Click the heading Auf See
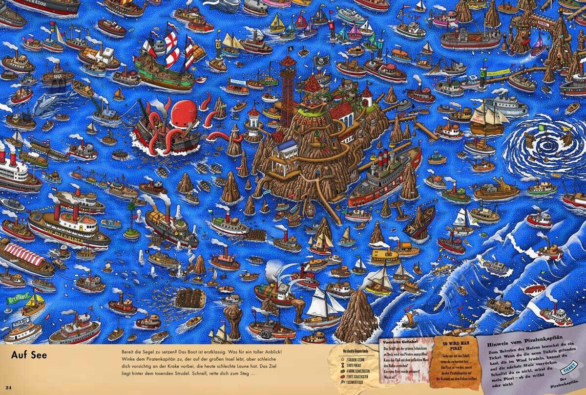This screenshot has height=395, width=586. click(29, 355)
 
